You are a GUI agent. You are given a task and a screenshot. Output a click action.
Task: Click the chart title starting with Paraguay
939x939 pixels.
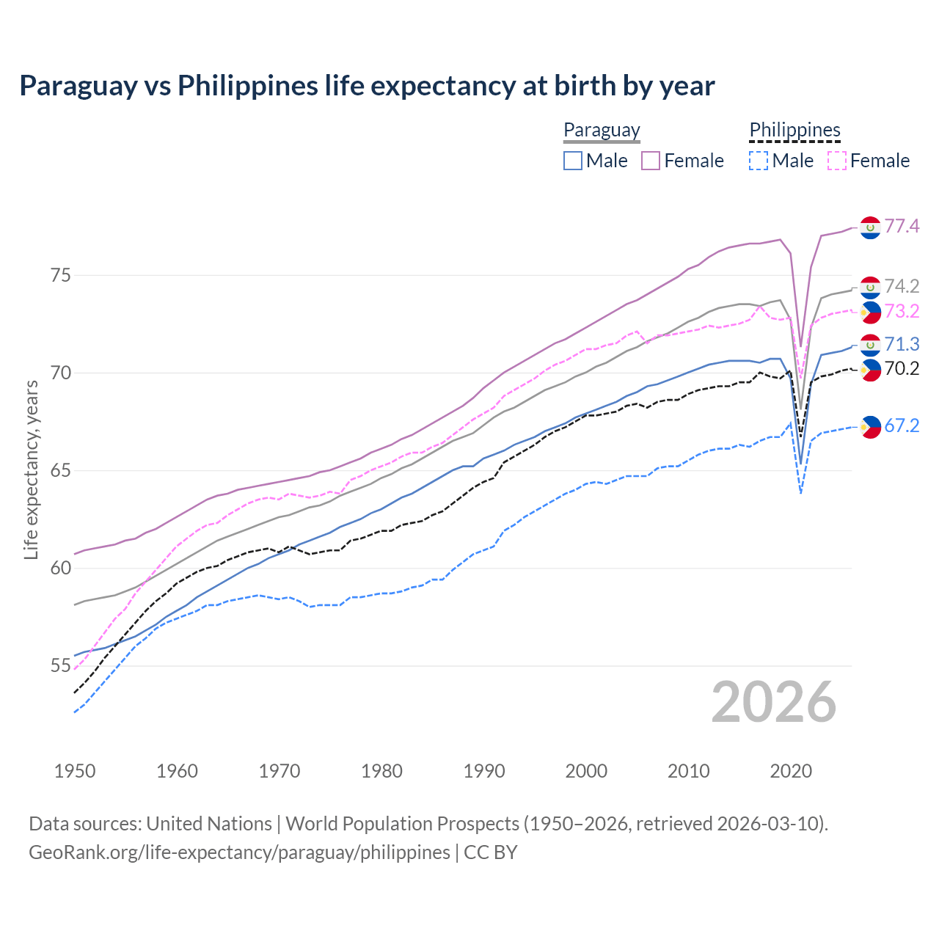(367, 86)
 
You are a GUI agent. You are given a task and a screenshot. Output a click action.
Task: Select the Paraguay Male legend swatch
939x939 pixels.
(573, 161)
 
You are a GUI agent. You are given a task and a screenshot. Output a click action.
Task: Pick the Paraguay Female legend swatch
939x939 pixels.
(651, 161)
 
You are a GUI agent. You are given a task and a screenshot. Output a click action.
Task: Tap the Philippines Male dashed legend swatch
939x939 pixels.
(759, 161)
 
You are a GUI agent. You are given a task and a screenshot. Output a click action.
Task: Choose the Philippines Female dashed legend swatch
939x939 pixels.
(837, 161)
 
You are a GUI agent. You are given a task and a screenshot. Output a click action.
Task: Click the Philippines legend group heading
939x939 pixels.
(794, 130)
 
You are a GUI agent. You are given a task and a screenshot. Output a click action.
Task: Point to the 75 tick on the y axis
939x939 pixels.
(61, 275)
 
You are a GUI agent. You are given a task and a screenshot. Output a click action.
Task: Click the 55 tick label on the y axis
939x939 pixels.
(61, 666)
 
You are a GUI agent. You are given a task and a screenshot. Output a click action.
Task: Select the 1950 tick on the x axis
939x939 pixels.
(75, 771)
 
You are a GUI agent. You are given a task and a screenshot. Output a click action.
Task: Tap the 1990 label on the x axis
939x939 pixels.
(484, 771)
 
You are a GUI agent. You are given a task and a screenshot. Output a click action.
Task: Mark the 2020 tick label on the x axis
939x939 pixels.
(791, 771)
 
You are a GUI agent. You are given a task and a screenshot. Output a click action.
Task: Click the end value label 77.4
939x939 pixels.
(902, 226)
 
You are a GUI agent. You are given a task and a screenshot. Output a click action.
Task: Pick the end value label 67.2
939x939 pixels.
(902, 425)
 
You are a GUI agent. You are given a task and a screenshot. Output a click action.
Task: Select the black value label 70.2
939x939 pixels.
(902, 368)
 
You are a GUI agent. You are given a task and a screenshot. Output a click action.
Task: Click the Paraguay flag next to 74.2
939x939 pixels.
(870, 287)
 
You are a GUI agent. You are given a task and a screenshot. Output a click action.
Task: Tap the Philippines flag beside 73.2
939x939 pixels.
(870, 312)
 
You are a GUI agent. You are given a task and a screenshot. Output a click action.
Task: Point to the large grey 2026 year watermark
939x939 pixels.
(774, 702)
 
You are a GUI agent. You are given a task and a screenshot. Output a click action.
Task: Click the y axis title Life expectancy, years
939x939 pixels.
(31, 469)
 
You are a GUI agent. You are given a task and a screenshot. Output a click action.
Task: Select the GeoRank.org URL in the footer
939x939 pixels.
(239, 852)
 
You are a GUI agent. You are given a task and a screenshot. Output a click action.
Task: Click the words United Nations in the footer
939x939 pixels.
(209, 824)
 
